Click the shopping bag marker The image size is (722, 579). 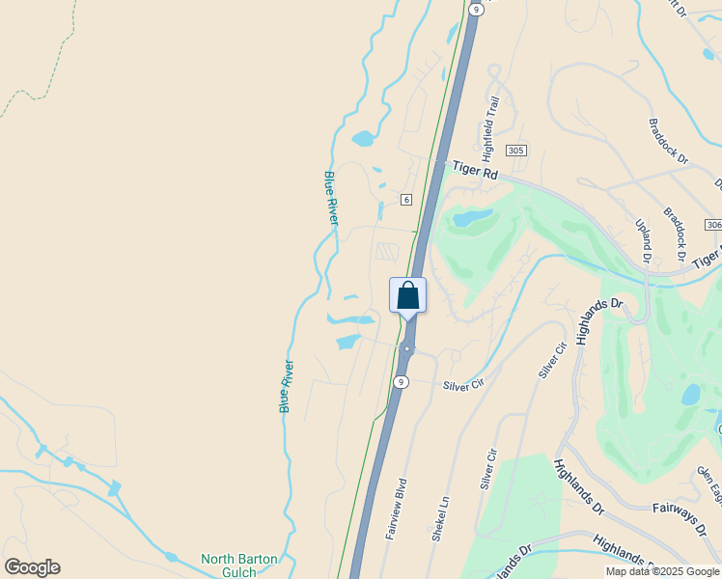(x=407, y=295)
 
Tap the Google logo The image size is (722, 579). (x=32, y=567)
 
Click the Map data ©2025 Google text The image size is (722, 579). (x=662, y=571)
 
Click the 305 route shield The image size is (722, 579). (x=516, y=151)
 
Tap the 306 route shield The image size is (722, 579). (x=713, y=225)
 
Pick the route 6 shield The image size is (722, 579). (x=406, y=200)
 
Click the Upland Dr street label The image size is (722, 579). (x=643, y=240)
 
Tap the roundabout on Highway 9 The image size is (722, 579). (x=408, y=349)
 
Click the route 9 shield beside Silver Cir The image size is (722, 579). (x=400, y=382)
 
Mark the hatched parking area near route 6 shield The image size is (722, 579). (x=387, y=252)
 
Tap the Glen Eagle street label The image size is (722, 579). (x=709, y=482)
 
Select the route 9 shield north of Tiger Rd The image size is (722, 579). (x=476, y=8)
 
